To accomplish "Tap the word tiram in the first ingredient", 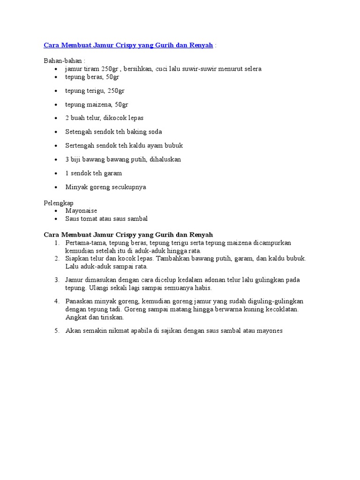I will click(x=91, y=69).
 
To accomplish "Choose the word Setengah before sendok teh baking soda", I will click(x=80, y=132).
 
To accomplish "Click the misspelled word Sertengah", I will click(x=82, y=145).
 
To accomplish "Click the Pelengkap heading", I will click(x=59, y=203).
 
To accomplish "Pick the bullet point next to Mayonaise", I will click(x=56, y=211).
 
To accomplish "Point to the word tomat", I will click(x=92, y=219).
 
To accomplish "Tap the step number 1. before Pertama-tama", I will click(x=56, y=243).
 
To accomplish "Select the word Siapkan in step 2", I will click(x=77, y=258).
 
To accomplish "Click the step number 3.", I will click(x=56, y=280).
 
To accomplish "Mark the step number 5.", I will click(x=56, y=331).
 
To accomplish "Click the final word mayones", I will click(x=268, y=331).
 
